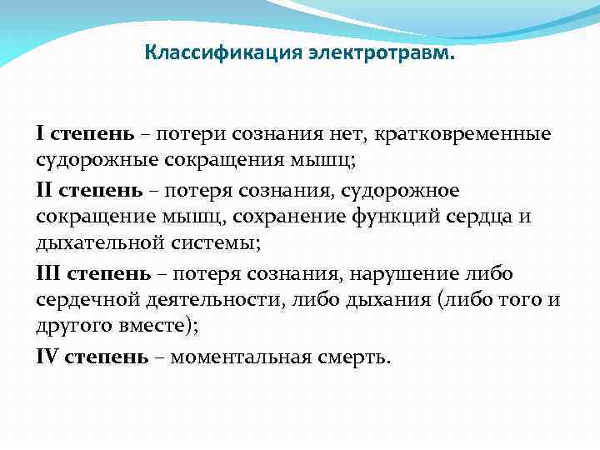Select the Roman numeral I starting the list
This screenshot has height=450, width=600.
coord(40,133)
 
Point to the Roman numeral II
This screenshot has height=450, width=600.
coord(44,192)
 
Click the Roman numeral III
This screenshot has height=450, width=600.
coord(48,273)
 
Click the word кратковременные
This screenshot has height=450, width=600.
coord(462,133)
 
